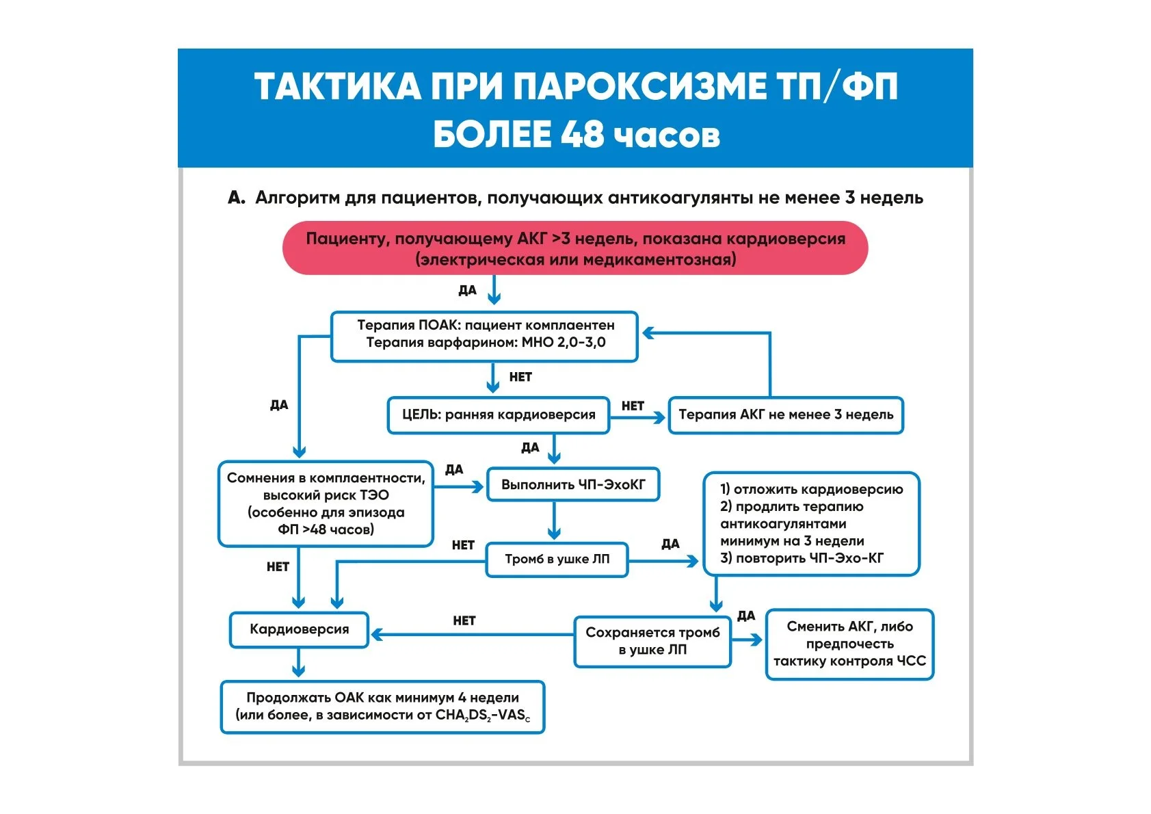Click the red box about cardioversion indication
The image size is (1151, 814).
[x=574, y=248]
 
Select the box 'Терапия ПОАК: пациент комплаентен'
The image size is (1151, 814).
[x=484, y=336]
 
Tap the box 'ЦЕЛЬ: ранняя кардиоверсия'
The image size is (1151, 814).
[x=498, y=415]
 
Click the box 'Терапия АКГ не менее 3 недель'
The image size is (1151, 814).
[x=785, y=415]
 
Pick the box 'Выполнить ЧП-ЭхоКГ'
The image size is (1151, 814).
[x=573, y=485]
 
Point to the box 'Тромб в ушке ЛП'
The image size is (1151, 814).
[x=557, y=560]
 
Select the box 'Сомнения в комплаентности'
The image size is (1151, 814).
[x=326, y=503]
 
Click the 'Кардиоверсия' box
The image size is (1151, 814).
[x=299, y=630]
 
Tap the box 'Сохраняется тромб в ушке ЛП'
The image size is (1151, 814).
[x=652, y=642]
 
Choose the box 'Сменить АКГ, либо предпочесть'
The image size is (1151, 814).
[x=849, y=644]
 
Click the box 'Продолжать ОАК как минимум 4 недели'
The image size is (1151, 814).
[x=382, y=707]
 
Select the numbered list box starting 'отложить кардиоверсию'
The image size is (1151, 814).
[x=811, y=523]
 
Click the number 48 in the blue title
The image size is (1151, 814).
[x=582, y=135]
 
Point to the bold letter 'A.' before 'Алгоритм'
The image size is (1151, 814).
[x=237, y=198]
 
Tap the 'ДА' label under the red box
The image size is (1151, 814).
[x=467, y=291]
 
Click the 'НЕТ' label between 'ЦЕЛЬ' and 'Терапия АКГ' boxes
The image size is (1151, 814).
[x=633, y=406]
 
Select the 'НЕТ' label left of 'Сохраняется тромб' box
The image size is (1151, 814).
[x=464, y=621]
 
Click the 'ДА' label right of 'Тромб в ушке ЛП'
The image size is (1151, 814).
[x=670, y=544]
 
